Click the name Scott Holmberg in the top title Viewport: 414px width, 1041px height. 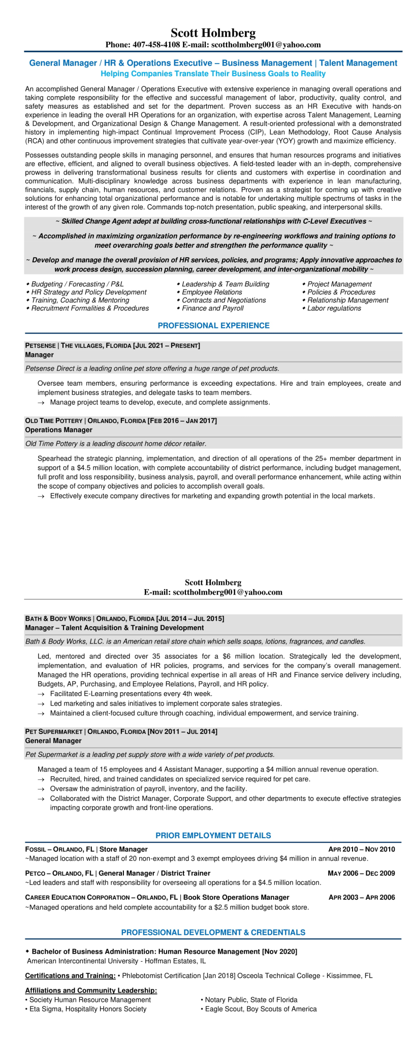coord(213,33)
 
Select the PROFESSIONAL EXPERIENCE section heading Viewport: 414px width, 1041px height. coord(213,325)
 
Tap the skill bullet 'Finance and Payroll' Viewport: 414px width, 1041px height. coord(212,308)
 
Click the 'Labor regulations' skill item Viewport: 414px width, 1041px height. coord(334,308)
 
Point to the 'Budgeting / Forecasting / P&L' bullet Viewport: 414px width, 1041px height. coord(77,284)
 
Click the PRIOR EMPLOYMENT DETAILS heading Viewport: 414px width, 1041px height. coord(213,835)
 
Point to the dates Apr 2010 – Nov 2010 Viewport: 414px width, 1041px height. coord(361,849)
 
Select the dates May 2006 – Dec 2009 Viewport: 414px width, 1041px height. coord(361,873)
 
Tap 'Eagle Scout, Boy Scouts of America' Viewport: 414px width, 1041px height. coord(261,1009)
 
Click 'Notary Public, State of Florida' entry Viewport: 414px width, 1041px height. coord(251,1000)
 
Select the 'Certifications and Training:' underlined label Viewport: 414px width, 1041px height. coord(70,975)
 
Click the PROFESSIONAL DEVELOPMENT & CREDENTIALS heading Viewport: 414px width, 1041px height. coord(213,932)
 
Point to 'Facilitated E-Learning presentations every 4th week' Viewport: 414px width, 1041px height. coord(131,693)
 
